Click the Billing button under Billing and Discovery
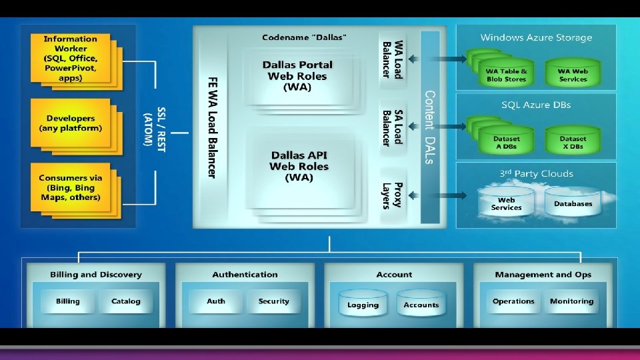click(x=67, y=301)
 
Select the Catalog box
click(x=125, y=301)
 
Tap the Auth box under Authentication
click(x=216, y=301)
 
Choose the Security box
click(x=274, y=301)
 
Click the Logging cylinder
click(x=363, y=304)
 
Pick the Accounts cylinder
click(x=421, y=304)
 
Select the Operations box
click(x=513, y=301)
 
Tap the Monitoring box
click(x=571, y=301)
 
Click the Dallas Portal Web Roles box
click(x=297, y=75)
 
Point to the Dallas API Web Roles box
click(x=299, y=166)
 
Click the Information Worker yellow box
click(x=70, y=59)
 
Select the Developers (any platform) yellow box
click(x=70, y=123)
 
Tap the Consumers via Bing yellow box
click(x=70, y=187)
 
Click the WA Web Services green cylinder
click(x=573, y=73)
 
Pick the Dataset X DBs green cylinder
click(x=573, y=141)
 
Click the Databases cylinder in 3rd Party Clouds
click(x=573, y=203)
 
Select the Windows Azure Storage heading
click(x=536, y=38)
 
